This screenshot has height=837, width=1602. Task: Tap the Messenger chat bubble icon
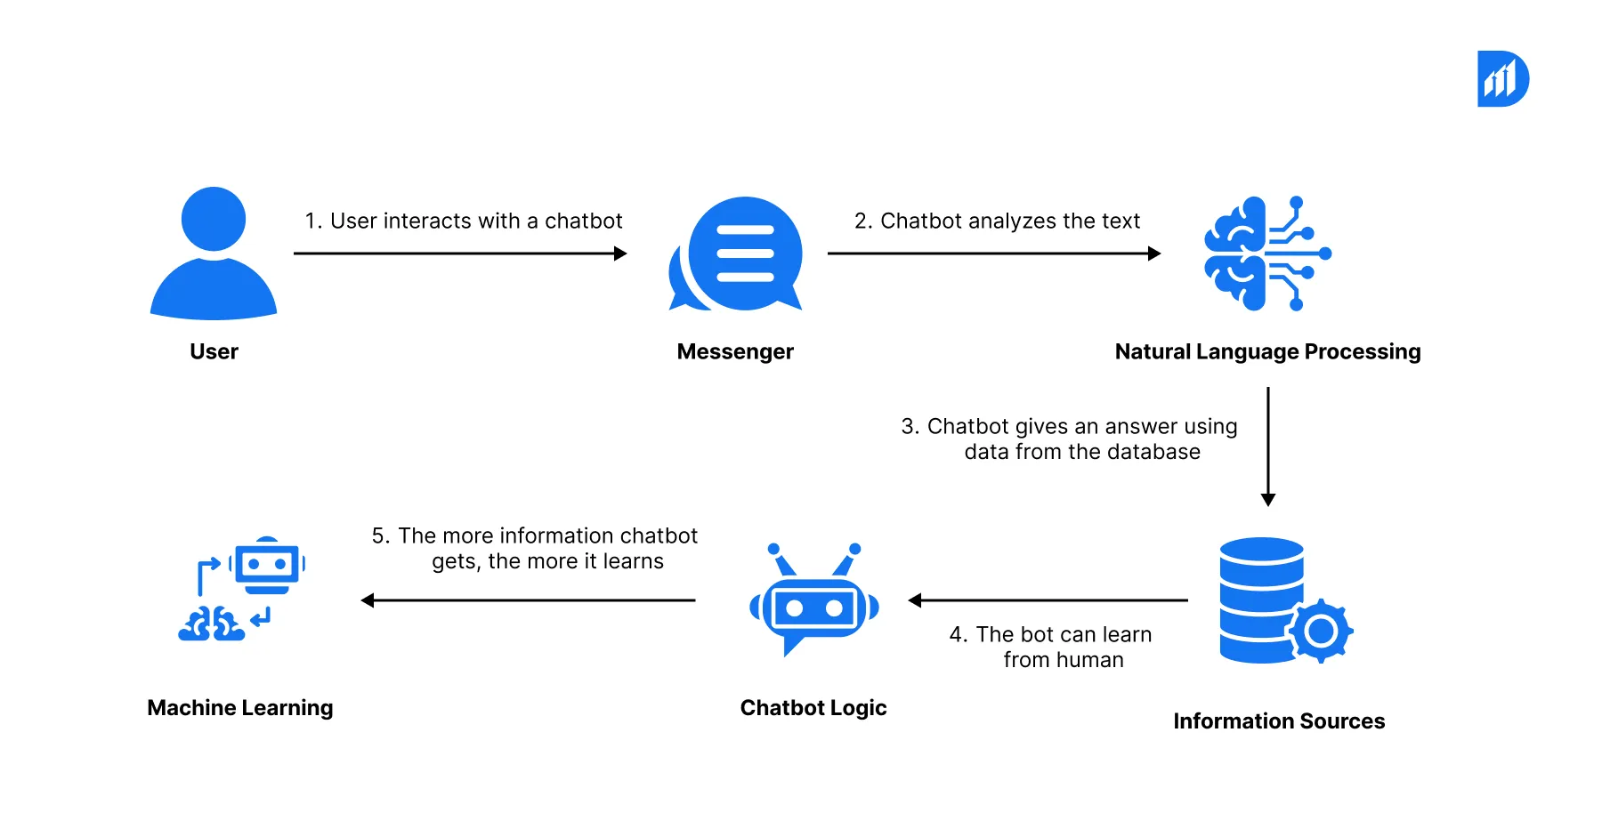pos(739,254)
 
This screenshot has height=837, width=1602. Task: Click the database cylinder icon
pos(1260,596)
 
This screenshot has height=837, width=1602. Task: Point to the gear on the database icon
pos(1321,631)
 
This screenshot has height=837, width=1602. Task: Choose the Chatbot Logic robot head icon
pos(814,605)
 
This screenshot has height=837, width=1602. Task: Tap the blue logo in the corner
pos(1502,79)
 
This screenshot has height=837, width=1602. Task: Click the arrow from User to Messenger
pos(460,254)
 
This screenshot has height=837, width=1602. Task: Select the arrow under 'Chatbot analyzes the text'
pos(993,254)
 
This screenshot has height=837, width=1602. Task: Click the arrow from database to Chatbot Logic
pos(1048,600)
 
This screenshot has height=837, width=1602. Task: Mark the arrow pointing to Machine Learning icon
pos(528,600)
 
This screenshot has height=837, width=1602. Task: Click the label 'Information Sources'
pos(1279,721)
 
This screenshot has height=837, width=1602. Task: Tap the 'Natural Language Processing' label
pos(1267,352)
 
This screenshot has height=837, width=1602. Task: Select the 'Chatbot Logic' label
pos(813,708)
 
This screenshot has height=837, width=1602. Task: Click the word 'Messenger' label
pos(735,352)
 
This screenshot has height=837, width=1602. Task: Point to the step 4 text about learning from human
pos(1051,647)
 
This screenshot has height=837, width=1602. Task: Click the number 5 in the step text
pos(380,536)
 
